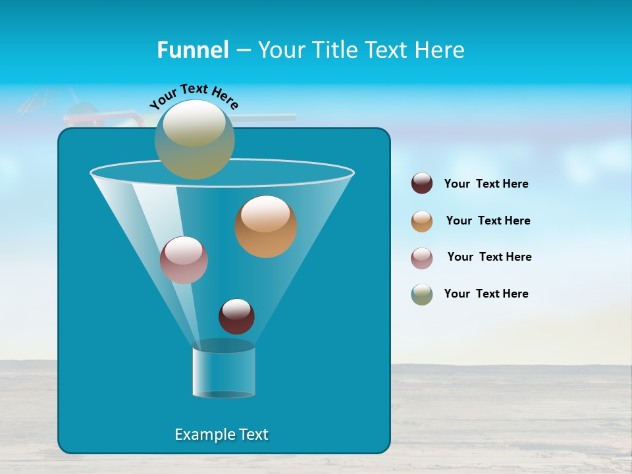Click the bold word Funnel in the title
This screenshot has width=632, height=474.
pos(192,50)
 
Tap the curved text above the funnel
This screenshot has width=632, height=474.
pos(194,95)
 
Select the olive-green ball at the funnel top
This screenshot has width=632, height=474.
pos(194,140)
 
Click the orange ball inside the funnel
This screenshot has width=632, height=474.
pos(266,227)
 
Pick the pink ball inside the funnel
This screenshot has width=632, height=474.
pos(184,260)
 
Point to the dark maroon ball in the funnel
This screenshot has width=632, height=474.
pos(236,317)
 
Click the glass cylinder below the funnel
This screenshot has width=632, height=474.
pos(223,371)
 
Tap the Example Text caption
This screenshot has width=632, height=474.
pos(221,434)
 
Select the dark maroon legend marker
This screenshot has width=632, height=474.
pos(422,183)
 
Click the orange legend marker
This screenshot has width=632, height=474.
pos(422,221)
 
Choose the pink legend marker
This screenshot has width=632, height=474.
pos(422,258)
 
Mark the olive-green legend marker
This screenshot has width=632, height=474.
pos(422,294)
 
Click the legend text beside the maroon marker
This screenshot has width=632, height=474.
pos(486,184)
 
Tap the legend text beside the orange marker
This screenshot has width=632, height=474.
pos(488,221)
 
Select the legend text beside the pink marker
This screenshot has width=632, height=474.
pos(489,257)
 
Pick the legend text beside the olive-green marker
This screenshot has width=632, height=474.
pos(486,294)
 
